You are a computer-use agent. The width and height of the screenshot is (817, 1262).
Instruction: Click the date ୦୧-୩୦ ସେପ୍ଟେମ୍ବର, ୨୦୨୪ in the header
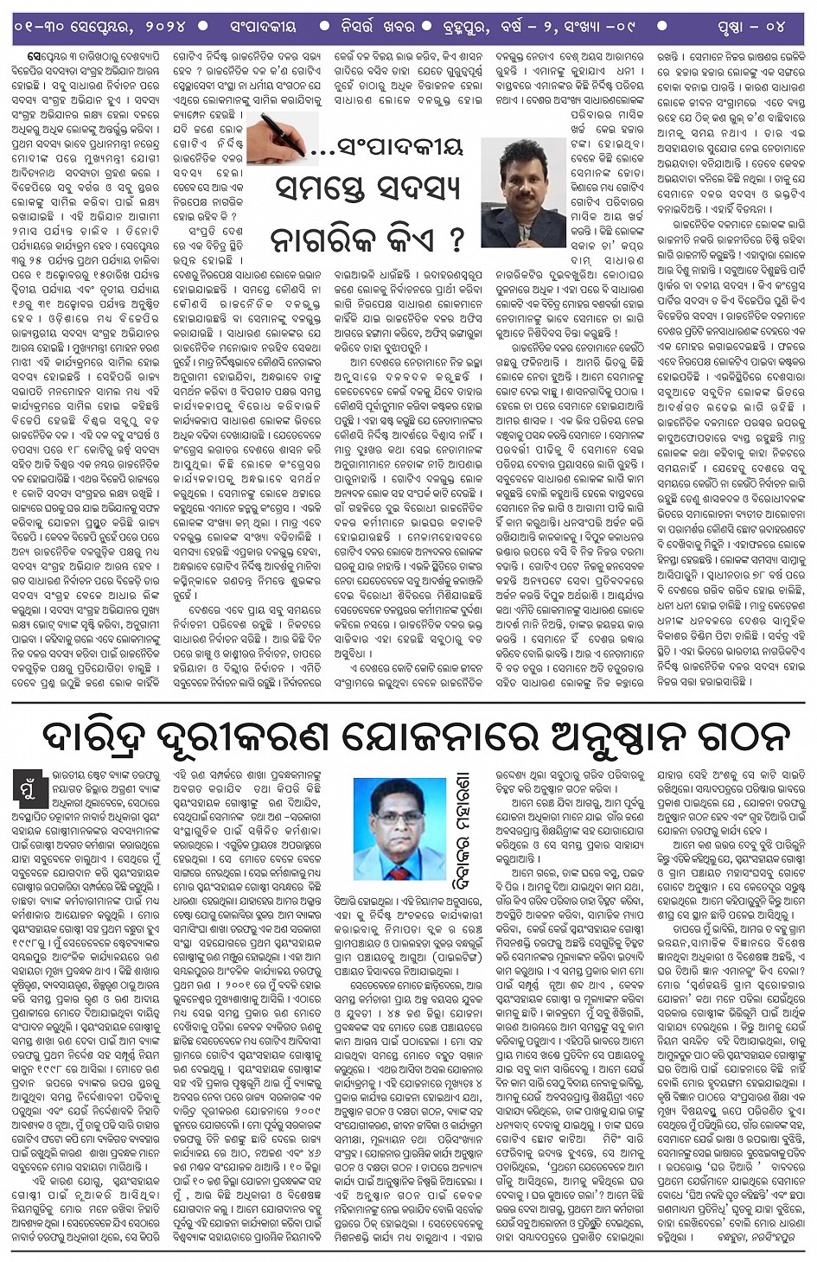[x=99, y=27]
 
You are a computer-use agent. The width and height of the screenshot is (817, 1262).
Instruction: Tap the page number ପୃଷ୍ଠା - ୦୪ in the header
[x=750, y=27]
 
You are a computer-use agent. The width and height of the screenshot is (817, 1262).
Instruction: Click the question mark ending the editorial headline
[x=456, y=239]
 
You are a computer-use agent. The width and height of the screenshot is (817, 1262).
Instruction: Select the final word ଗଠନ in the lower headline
[x=743, y=736]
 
